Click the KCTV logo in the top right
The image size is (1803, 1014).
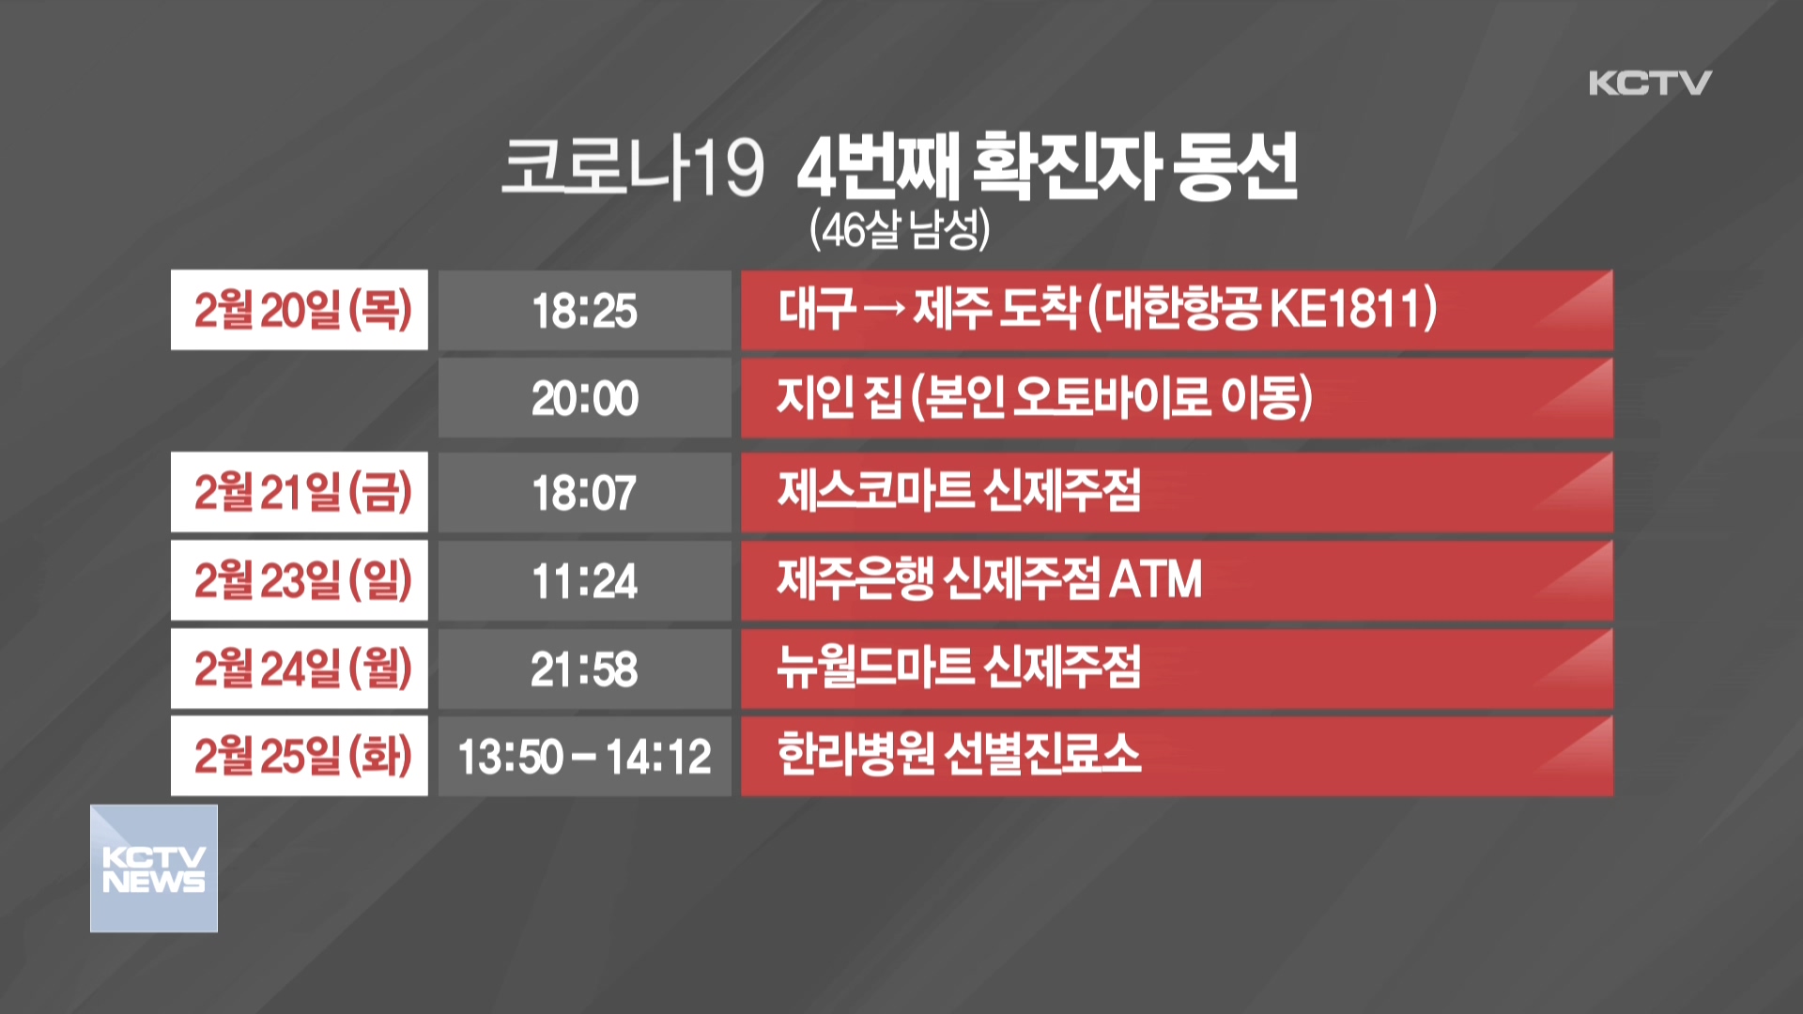(x=1650, y=83)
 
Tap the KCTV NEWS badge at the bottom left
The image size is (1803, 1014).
(x=154, y=868)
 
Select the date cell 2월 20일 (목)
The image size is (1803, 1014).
(x=300, y=310)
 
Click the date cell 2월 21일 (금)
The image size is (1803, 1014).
(x=300, y=492)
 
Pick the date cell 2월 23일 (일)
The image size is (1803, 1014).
(x=300, y=580)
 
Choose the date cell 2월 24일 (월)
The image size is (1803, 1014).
(x=300, y=668)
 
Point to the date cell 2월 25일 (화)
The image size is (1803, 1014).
(x=300, y=756)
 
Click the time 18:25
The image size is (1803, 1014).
(x=584, y=311)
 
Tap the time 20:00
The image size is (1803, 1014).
(x=584, y=398)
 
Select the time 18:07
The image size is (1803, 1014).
(x=584, y=493)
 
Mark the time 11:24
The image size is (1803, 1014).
(x=584, y=580)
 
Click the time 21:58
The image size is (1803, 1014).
(x=584, y=668)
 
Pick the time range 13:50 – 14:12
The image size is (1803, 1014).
(x=584, y=757)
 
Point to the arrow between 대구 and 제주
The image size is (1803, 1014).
(x=884, y=309)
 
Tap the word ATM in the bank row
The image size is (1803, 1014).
(x=1155, y=579)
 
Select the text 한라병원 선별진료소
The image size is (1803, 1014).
(x=959, y=754)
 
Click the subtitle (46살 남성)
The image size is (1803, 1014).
(x=900, y=229)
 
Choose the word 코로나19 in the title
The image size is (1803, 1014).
(x=632, y=167)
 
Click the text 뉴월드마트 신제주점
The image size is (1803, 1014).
(x=959, y=667)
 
